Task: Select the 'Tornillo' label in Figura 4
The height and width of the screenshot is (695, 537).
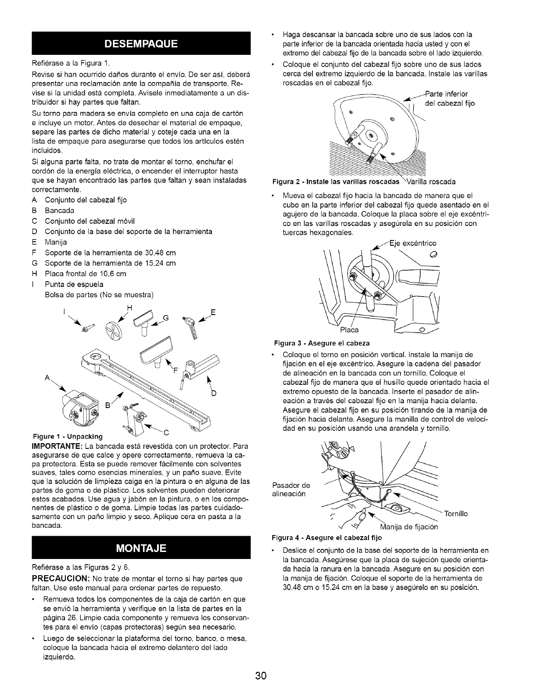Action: [x=456, y=514]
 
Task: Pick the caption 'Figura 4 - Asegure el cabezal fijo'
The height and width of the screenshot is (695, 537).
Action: [x=327, y=537]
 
